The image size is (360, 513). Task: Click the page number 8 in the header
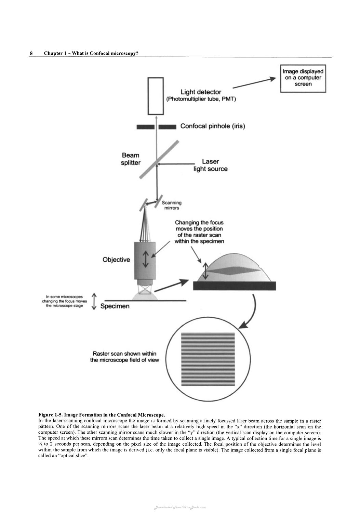pos(31,53)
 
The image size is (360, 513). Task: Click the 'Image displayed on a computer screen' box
pos(303,79)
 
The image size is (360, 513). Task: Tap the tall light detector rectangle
pos(156,96)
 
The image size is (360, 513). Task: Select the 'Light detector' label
pos(201,92)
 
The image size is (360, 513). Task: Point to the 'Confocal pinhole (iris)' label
pos(213,126)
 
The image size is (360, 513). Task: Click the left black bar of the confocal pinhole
pos(145,127)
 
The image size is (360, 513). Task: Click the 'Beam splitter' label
pos(131,159)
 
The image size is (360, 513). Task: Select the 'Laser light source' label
pos(211,165)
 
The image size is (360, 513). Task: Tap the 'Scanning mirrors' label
pos(172,205)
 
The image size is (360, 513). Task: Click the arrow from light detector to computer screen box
pos(254,83)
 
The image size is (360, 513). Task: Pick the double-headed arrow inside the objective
pos(146,260)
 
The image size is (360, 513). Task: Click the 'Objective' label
pos(116,260)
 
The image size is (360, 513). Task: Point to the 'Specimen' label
pos(115,306)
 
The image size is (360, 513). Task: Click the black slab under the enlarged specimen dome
pos(234,286)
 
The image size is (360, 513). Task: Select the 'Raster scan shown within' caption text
pos(124,354)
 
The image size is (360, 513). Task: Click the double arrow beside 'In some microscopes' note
pos(94,301)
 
